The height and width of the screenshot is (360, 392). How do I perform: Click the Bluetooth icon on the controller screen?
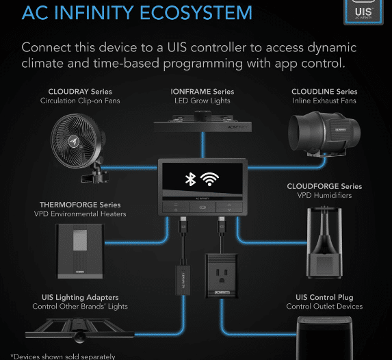click(190, 179)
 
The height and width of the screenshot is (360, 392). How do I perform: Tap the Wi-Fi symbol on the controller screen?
click(209, 179)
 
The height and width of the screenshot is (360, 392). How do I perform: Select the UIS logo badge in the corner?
click(363, 12)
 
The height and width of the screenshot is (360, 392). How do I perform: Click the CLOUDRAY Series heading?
click(80, 92)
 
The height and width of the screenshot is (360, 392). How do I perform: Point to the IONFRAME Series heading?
click(202, 92)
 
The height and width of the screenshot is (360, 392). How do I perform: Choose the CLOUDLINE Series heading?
click(324, 92)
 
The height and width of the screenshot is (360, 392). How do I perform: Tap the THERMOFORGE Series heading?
click(80, 205)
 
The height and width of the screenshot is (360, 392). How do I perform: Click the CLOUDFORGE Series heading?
click(324, 186)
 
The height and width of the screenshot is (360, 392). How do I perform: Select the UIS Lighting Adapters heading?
click(80, 298)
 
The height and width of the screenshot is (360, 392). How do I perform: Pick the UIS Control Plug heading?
click(324, 298)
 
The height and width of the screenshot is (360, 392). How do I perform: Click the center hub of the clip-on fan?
click(75, 142)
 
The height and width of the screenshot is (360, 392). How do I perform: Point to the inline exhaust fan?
click(324, 135)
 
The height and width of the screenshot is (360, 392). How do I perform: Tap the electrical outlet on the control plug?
click(222, 276)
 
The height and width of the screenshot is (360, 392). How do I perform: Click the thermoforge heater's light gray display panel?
click(80, 240)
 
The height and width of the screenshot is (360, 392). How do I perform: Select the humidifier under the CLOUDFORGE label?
click(324, 242)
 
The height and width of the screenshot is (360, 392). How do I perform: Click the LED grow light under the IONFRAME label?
click(202, 122)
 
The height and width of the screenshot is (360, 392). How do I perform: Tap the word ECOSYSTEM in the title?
click(196, 13)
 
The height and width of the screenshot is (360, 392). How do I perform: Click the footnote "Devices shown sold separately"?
click(63, 357)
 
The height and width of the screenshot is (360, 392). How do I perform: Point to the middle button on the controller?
click(202, 207)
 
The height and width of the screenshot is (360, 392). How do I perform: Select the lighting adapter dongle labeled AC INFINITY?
click(183, 280)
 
